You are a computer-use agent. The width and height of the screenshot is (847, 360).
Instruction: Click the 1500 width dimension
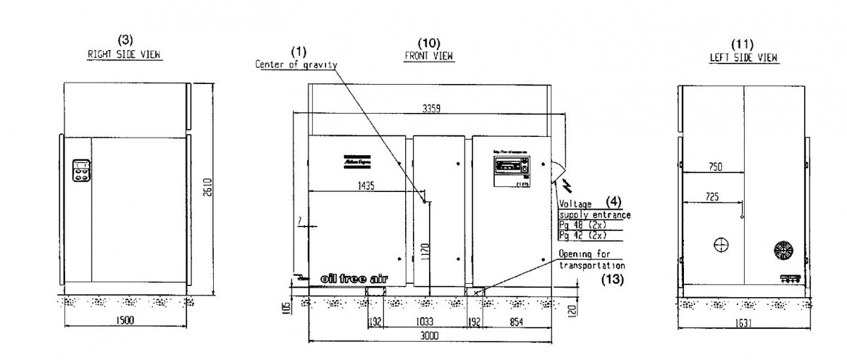point(124,320)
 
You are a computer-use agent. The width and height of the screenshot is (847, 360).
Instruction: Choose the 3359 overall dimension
point(431,109)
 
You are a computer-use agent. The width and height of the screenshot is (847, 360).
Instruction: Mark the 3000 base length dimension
point(429,336)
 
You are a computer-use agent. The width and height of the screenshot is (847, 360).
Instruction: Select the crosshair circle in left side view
point(721,244)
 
